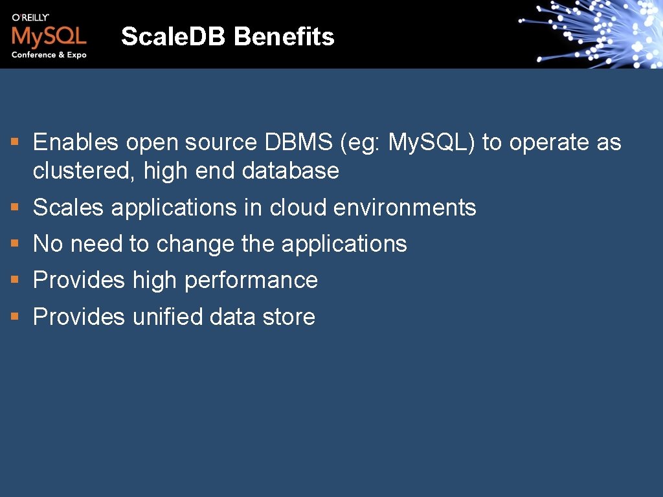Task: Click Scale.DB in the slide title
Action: point(175,37)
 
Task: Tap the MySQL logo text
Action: point(49,35)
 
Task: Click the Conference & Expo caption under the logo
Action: point(49,55)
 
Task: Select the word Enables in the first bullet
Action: point(76,142)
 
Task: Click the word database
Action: point(291,171)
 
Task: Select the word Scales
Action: point(68,208)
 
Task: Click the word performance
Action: point(251,280)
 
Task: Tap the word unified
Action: point(168,316)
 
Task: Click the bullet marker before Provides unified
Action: point(15,317)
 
